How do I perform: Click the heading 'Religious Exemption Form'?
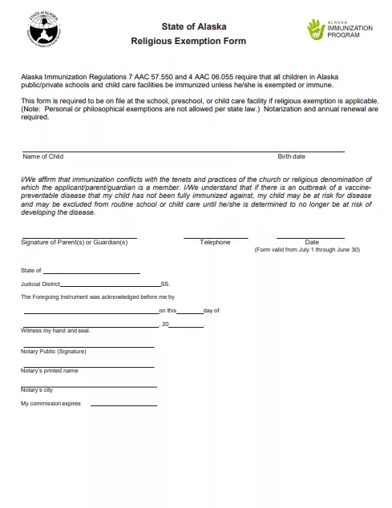[x=188, y=41]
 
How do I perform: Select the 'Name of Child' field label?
[x=43, y=157]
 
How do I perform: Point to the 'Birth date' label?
[x=291, y=157]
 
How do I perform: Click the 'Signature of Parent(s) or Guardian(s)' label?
[x=74, y=242]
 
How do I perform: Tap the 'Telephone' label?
[x=215, y=242]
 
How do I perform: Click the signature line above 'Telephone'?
[x=215, y=237]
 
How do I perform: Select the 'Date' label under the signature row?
[x=312, y=242]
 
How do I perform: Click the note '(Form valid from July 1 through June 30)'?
[x=307, y=250]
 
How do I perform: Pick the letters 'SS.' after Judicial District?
[x=165, y=284]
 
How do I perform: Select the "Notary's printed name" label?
[x=50, y=371]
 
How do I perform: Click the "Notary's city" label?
[x=37, y=389]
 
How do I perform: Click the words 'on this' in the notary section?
[x=167, y=310]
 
